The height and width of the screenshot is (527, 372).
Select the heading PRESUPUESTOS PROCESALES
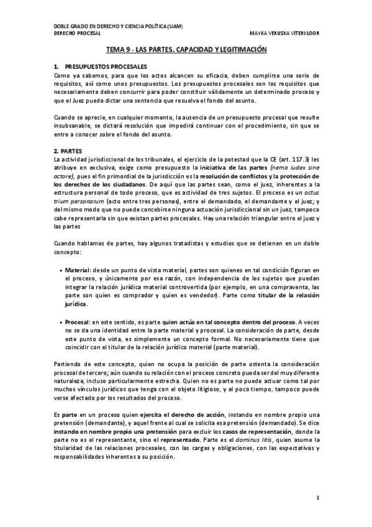coord(100,66)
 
